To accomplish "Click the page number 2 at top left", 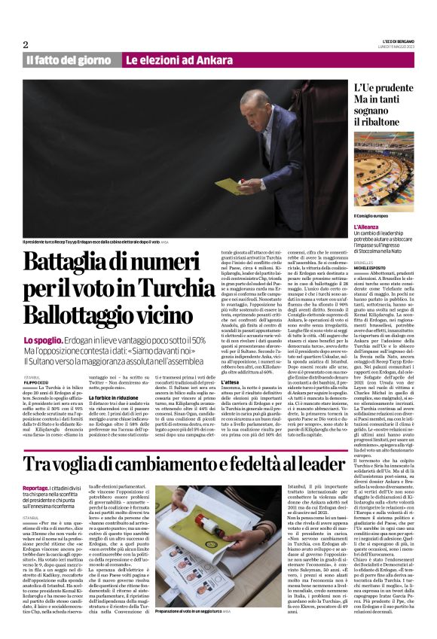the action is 26,44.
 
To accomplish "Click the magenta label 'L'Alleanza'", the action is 365,226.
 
